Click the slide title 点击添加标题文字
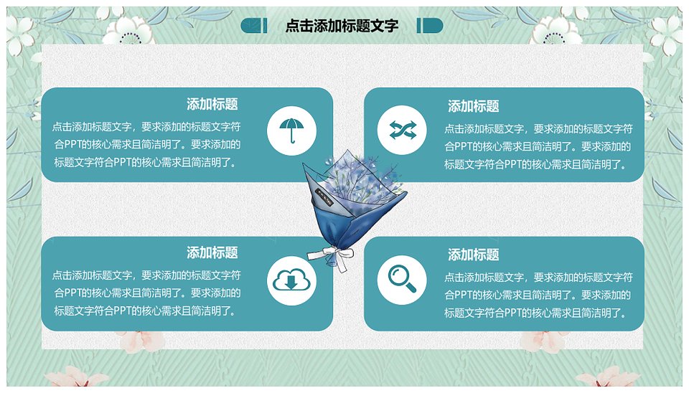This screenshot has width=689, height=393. point(342,26)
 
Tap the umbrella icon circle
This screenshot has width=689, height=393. point(292,131)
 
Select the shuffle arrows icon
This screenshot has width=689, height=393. point(402,130)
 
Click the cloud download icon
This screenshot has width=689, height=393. point(292,280)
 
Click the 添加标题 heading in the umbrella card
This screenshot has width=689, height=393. point(212,104)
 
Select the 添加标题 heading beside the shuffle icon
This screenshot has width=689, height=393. point(473,106)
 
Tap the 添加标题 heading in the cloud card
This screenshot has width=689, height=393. point(212,252)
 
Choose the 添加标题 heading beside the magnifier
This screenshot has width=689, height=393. point(473,255)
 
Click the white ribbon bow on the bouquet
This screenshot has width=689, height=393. point(332,257)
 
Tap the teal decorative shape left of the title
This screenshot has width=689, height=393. point(254,26)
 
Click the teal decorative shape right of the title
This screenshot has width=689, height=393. point(430,26)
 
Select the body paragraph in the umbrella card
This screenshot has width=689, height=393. point(146,144)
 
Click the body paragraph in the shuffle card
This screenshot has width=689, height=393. point(538,147)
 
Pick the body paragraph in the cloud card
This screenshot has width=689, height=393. point(146,293)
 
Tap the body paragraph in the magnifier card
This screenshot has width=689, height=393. point(538,295)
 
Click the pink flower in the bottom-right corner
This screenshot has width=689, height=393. point(609,378)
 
